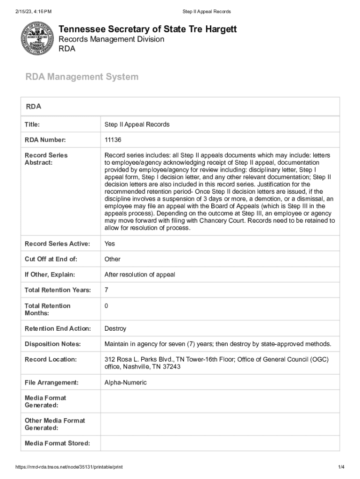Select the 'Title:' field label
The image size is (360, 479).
click(32, 124)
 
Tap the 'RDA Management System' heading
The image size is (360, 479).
click(82, 77)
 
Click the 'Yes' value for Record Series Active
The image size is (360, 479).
click(109, 244)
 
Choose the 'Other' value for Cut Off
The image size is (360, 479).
click(112, 259)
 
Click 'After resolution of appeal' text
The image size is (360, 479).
click(139, 275)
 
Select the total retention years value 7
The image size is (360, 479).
click(107, 290)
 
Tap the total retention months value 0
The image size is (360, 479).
click(107, 305)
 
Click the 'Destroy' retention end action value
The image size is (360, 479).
click(115, 329)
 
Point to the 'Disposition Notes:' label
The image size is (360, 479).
click(52, 344)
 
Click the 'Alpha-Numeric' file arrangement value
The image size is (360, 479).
click(125, 383)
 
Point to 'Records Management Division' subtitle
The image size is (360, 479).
click(111, 39)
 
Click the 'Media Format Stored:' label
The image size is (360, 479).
click(57, 443)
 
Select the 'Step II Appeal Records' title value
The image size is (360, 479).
click(137, 124)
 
